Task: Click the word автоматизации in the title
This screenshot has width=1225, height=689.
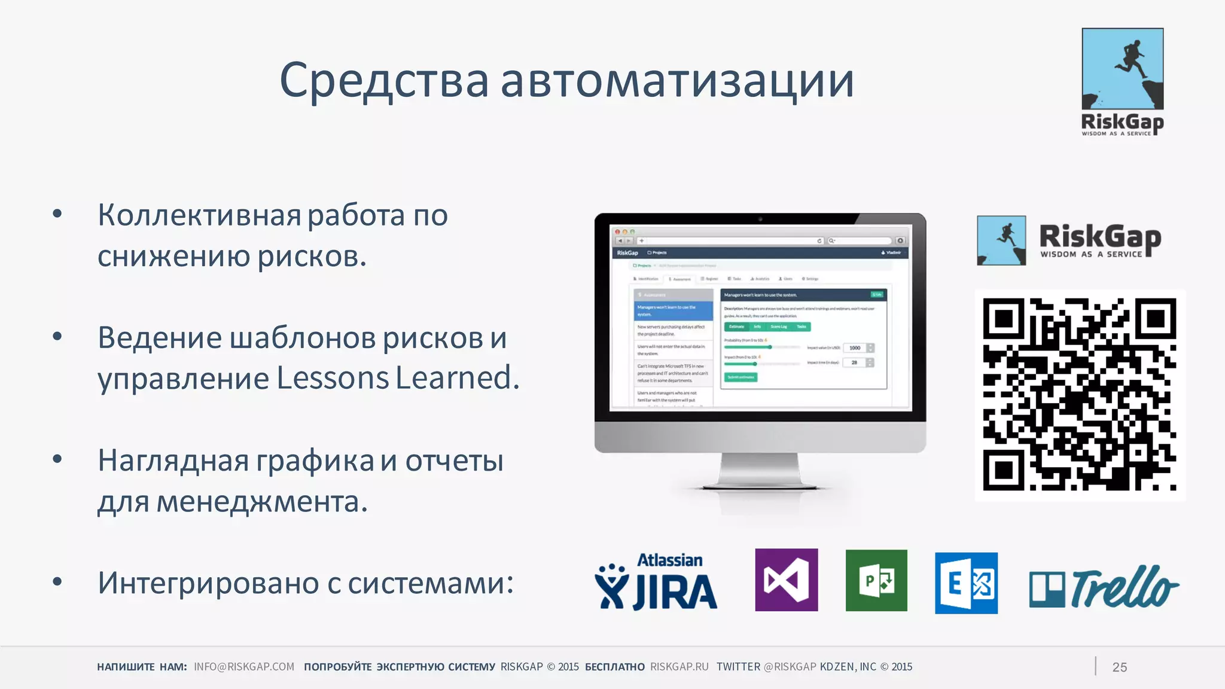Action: tap(677, 81)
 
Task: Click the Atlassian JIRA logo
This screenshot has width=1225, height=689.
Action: tap(656, 582)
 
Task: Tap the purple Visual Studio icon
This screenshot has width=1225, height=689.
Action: tap(786, 580)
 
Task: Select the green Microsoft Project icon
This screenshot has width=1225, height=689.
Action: tap(876, 580)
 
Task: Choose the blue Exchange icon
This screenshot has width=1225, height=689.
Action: tap(965, 583)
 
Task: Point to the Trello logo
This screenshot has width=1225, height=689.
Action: tap(1104, 587)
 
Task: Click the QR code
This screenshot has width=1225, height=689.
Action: tap(1080, 395)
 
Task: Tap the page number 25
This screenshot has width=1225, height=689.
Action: tap(1119, 667)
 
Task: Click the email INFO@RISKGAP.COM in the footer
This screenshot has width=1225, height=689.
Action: tap(244, 667)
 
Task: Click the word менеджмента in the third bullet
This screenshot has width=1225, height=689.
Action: tap(258, 501)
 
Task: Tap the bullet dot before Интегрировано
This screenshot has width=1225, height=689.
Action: tap(57, 581)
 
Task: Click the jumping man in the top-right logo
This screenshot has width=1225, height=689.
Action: tap(1129, 60)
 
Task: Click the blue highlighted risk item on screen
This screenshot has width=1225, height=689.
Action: tap(673, 310)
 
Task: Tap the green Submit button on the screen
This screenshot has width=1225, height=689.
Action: tap(741, 377)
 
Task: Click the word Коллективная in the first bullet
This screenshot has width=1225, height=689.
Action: tap(200, 215)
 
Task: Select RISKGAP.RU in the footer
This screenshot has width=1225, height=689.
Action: tap(679, 667)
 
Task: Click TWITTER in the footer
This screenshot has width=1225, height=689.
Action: tap(738, 667)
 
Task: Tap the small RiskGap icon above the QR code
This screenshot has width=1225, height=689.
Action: tap(1001, 240)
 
